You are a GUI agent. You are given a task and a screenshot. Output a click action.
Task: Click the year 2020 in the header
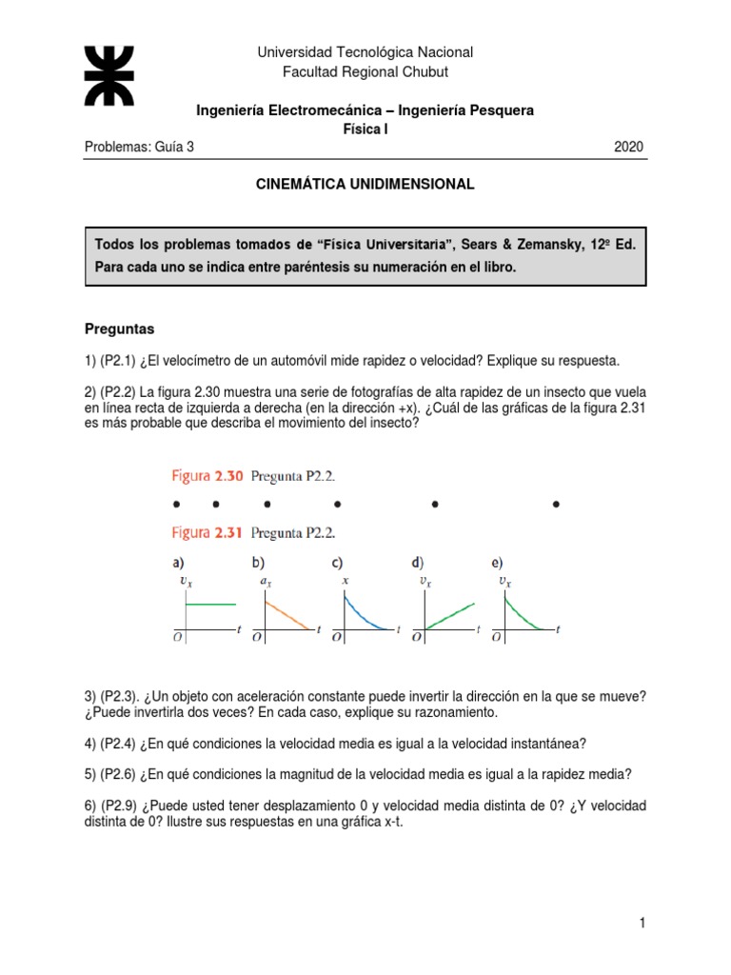(x=629, y=147)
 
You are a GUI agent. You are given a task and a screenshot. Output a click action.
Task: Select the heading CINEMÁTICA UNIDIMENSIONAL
(x=365, y=185)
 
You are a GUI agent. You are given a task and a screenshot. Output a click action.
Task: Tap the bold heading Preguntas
(x=120, y=328)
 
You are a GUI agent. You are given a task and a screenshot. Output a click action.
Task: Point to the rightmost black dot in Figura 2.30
(x=556, y=504)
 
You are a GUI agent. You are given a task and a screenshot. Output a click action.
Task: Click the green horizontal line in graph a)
(x=209, y=604)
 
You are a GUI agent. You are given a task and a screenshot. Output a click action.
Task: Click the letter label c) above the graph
(x=338, y=562)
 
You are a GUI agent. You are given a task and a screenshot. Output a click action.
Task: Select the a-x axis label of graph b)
(x=263, y=582)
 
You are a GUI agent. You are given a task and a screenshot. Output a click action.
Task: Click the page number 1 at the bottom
(x=643, y=923)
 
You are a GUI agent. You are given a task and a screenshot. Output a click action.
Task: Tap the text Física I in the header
(x=365, y=129)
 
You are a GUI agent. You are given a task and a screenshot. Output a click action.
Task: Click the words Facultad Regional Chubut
(x=365, y=72)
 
